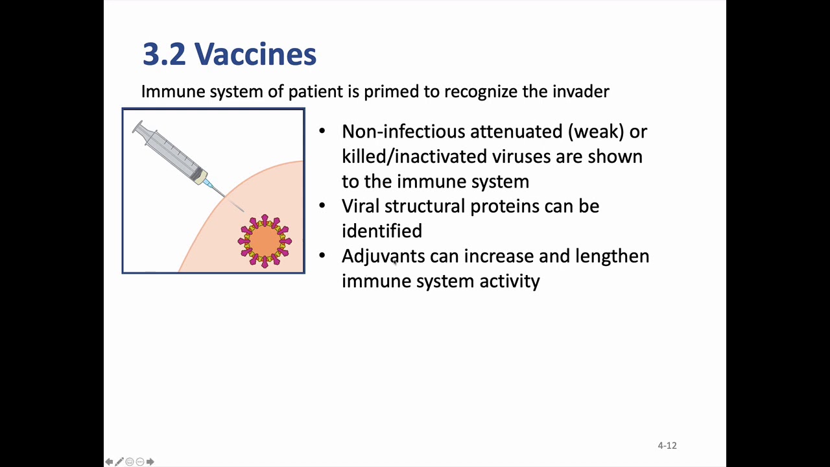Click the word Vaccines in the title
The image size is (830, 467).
tap(255, 54)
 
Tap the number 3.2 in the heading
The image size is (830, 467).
tap(164, 54)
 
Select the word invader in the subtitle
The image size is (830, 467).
tap(580, 91)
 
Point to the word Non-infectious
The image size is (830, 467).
tap(403, 131)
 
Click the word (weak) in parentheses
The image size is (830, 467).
tap(596, 132)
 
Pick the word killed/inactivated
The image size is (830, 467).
tap(414, 156)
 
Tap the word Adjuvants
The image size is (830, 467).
tap(383, 256)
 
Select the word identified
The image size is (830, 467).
tap(382, 230)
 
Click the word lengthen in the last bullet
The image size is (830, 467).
tap(612, 256)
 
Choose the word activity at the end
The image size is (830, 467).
tap(510, 281)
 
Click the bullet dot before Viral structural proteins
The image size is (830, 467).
tap(322, 206)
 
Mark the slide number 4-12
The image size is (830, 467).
tap(667, 446)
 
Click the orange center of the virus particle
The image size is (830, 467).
tap(265, 241)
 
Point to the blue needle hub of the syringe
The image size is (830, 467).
tap(209, 183)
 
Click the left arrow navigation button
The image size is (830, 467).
tap(109, 461)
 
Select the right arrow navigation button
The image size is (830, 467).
tap(150, 461)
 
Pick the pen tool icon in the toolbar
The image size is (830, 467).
tap(119, 461)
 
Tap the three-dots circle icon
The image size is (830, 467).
tap(140, 461)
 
